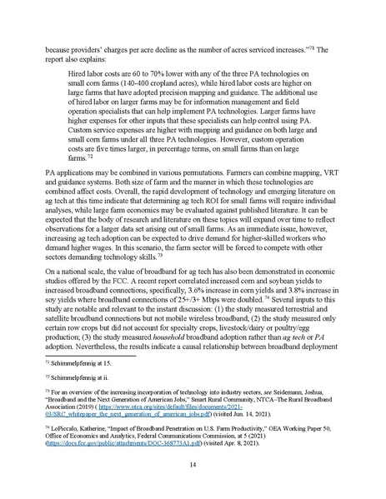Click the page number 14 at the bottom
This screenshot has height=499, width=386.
(x=193, y=464)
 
